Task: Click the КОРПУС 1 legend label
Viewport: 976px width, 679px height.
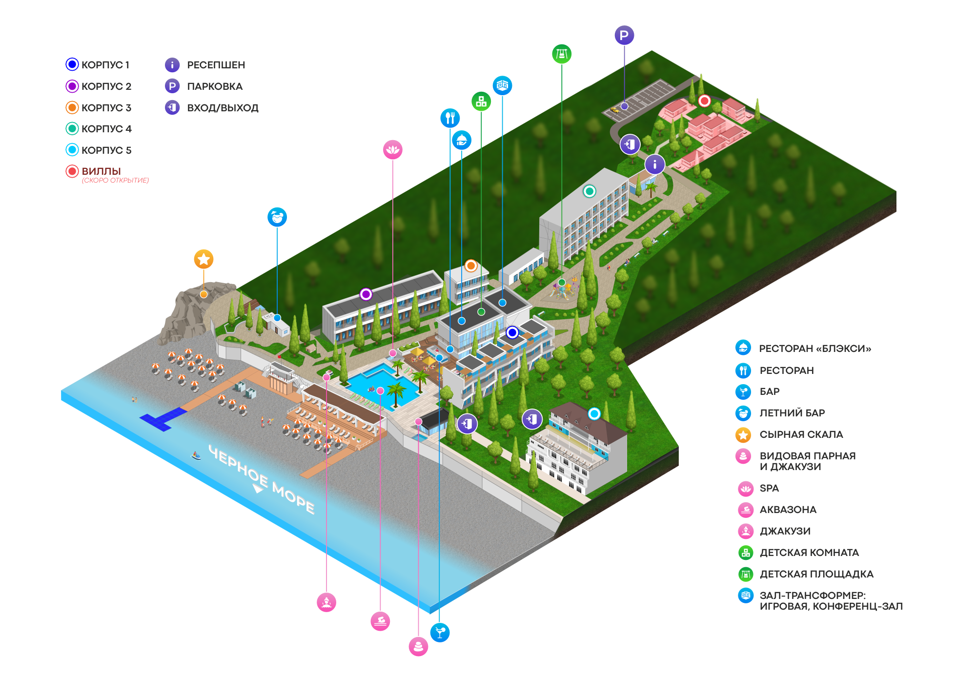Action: (105, 65)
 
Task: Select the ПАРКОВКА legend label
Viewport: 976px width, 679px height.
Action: (214, 86)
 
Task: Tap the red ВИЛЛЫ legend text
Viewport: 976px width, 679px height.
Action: (101, 171)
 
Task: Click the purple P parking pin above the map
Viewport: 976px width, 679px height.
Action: (624, 35)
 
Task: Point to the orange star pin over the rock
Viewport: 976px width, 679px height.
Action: (203, 259)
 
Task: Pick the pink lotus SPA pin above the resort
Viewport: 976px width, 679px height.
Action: (393, 149)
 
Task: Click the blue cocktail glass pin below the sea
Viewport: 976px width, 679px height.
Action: (440, 633)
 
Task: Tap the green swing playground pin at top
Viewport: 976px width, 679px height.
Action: (562, 54)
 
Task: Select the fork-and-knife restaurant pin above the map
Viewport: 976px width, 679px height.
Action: (450, 118)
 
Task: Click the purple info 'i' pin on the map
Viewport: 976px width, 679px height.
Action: (655, 165)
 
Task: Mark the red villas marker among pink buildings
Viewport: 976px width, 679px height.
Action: (704, 101)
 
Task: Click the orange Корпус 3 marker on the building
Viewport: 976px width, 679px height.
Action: (470, 266)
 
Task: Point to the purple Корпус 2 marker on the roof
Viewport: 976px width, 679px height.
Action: (366, 294)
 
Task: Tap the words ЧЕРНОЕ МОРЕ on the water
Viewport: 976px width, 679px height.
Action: (262, 479)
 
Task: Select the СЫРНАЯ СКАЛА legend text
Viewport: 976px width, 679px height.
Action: (801, 434)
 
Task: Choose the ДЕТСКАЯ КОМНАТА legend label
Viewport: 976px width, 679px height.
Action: (809, 553)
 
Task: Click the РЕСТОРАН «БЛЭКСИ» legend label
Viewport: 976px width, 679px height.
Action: (814, 349)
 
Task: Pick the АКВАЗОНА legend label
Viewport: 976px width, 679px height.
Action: (788, 510)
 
